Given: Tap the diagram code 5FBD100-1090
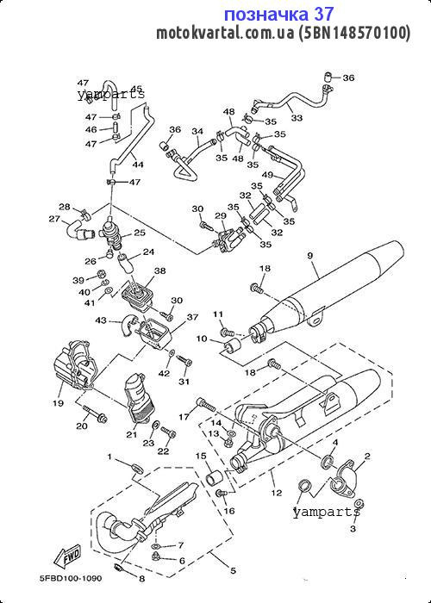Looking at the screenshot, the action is [71, 578].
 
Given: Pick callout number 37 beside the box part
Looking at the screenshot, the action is [192, 317].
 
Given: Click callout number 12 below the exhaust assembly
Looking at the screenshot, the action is [277, 493].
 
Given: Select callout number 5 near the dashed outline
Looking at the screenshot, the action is [233, 570].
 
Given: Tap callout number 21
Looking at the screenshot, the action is [132, 435].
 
